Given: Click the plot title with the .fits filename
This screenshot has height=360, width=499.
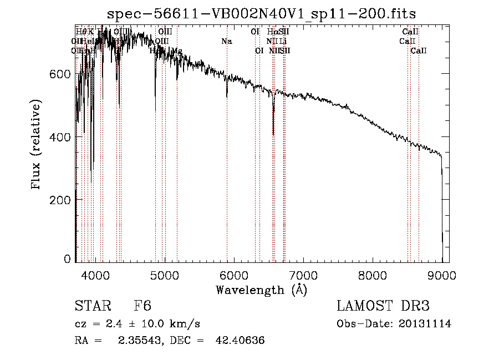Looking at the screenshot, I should tap(262, 13).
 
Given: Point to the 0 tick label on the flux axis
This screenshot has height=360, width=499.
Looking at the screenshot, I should tap(67, 259).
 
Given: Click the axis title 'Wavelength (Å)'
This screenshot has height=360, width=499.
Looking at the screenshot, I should tap(262, 290).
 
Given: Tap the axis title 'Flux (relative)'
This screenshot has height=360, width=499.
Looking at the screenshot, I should tap(37, 145).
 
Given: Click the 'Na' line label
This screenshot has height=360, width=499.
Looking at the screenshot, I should tap(226, 41).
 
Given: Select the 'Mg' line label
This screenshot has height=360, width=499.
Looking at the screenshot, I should tap(177, 51).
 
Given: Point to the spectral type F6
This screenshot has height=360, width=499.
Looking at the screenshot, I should tap(142, 307).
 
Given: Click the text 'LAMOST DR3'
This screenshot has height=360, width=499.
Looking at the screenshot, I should tap(383, 307).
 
